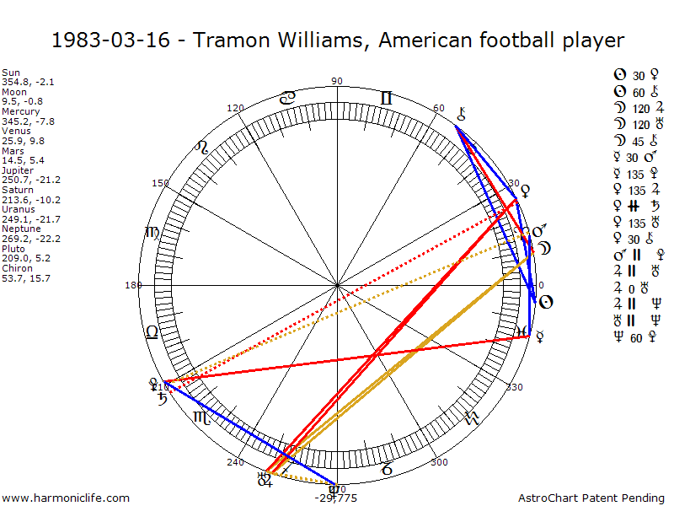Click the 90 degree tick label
click(x=338, y=82)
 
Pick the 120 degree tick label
click(x=236, y=108)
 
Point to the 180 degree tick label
click(x=133, y=285)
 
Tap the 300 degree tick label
click(x=439, y=462)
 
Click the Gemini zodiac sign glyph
click(x=387, y=99)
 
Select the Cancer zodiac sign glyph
click(x=287, y=98)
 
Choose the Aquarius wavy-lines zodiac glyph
click(x=473, y=417)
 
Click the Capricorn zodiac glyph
click(x=388, y=466)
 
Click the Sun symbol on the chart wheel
click(x=545, y=302)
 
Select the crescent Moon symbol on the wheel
click(x=546, y=249)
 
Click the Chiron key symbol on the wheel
click(x=461, y=113)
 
